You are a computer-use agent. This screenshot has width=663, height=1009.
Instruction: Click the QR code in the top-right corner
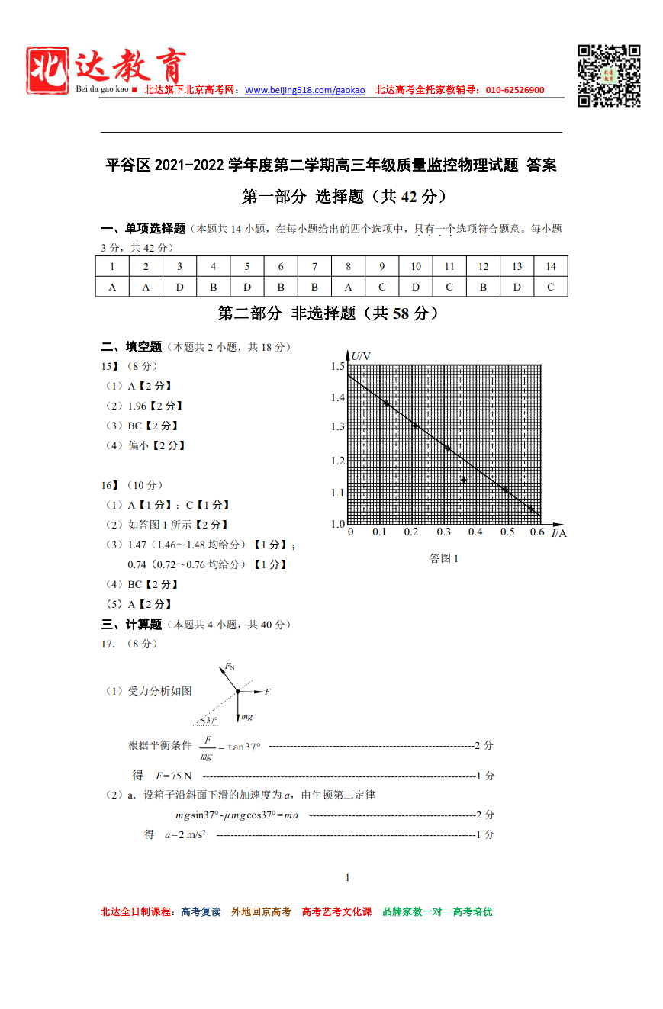coord(608,76)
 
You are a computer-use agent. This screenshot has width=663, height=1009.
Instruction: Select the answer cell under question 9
coord(381,287)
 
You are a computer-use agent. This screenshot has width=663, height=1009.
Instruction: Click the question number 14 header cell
coord(551,266)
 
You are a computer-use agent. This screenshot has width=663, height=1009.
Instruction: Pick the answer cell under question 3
coord(179,287)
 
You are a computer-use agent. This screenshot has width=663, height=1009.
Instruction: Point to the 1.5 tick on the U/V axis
coord(337,367)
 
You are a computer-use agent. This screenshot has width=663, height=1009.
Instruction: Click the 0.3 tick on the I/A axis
coord(444,532)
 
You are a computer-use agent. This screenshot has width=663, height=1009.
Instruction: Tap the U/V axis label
coord(361,356)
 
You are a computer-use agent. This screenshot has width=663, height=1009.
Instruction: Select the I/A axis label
coord(559,533)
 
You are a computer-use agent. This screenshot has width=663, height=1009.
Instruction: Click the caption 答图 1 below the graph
coord(444,558)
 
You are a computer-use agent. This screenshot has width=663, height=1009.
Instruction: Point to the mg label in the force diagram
coord(246,718)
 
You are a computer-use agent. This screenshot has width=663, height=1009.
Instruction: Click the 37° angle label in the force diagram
coord(211,721)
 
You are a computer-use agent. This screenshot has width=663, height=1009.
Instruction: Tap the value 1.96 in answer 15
coord(137,406)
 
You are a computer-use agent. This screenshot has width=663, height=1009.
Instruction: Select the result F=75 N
coord(173,776)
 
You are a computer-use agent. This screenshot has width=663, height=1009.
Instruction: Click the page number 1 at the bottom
coord(348,877)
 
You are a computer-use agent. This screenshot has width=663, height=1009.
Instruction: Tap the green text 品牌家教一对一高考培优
coord(437,911)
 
